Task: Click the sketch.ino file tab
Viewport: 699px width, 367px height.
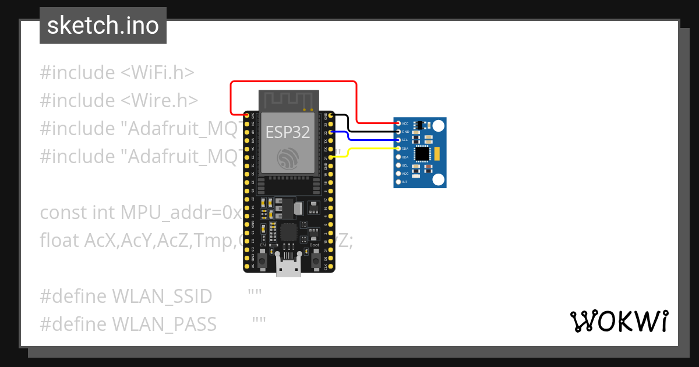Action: pos(103,26)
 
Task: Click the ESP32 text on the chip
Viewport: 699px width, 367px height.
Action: pos(287,132)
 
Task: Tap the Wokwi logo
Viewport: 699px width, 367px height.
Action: pos(618,321)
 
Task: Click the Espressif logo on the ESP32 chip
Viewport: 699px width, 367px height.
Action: pos(288,158)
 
